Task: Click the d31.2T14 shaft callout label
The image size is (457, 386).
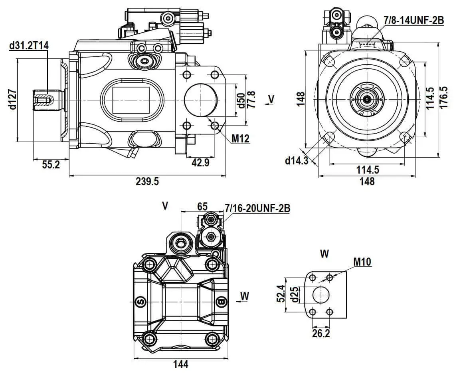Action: coord(29,46)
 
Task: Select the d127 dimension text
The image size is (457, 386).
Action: coord(12,100)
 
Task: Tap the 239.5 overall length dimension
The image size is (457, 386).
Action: coord(147,182)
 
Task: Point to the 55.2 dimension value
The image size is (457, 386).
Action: coord(51,164)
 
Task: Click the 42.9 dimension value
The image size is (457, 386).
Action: coord(200,162)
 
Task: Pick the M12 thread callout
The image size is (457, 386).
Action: coord(241,139)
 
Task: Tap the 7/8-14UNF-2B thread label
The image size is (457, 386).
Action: coord(413,20)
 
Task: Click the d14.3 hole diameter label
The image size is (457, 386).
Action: coord(297,160)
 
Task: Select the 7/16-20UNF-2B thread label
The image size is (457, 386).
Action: coord(257,208)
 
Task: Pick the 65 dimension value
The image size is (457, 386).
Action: coord(202,206)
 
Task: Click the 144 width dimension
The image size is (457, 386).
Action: coord(180,364)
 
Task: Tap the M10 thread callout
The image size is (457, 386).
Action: coord(362,262)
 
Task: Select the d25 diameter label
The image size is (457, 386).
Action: coord(294,294)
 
